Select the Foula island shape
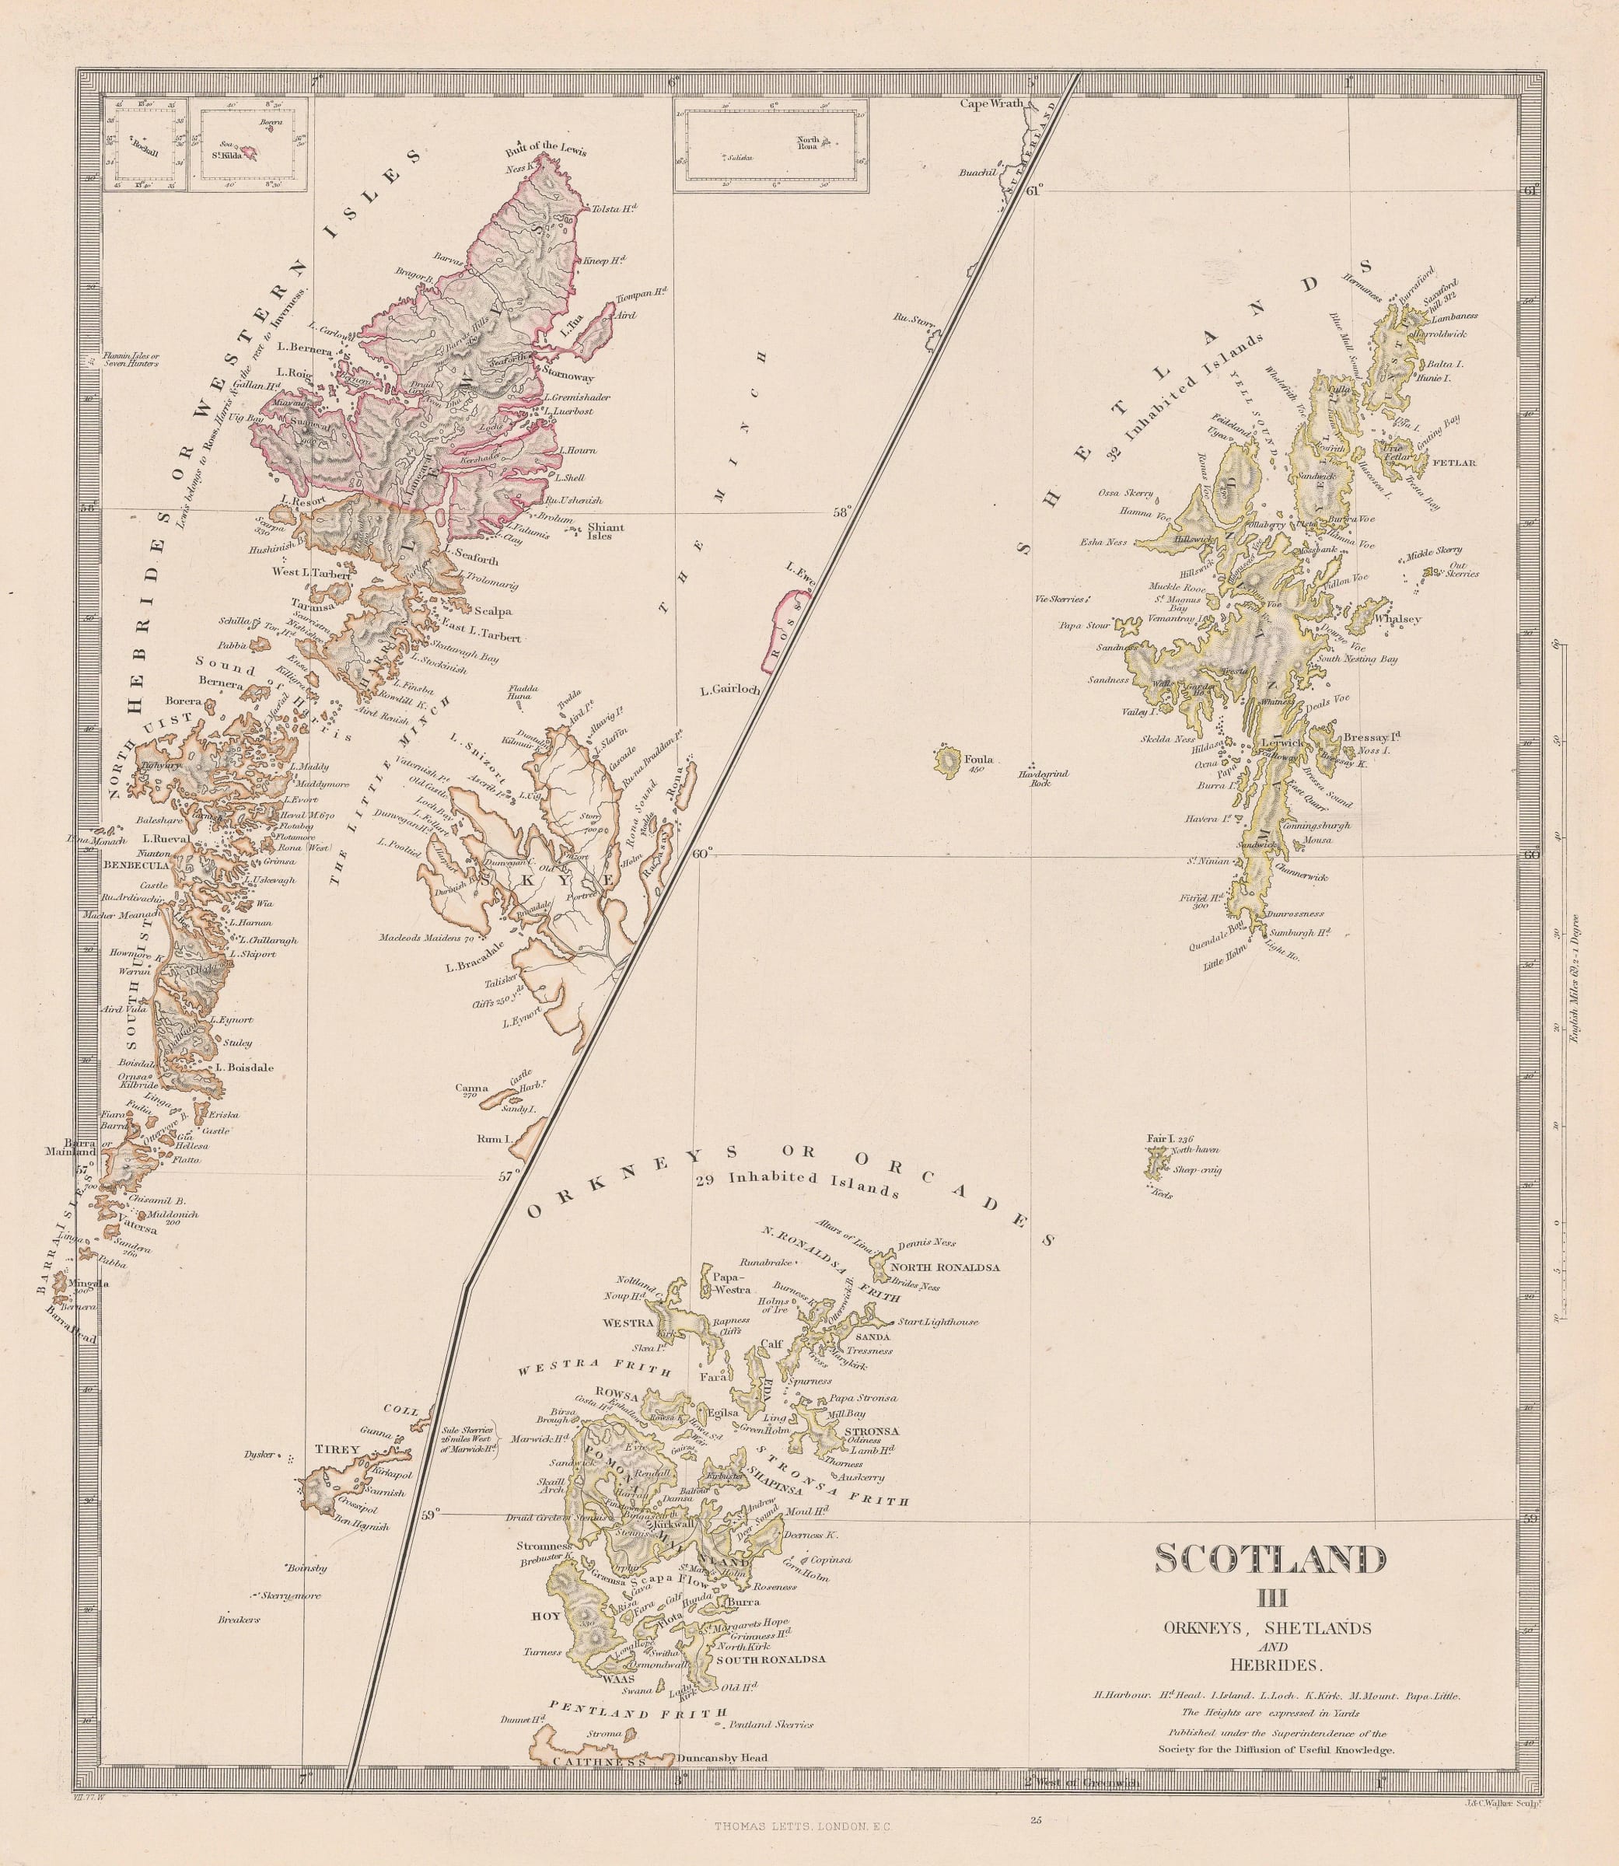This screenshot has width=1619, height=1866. (x=949, y=760)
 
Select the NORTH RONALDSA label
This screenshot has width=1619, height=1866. (x=945, y=1267)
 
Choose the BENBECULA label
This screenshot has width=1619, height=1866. (x=135, y=865)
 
